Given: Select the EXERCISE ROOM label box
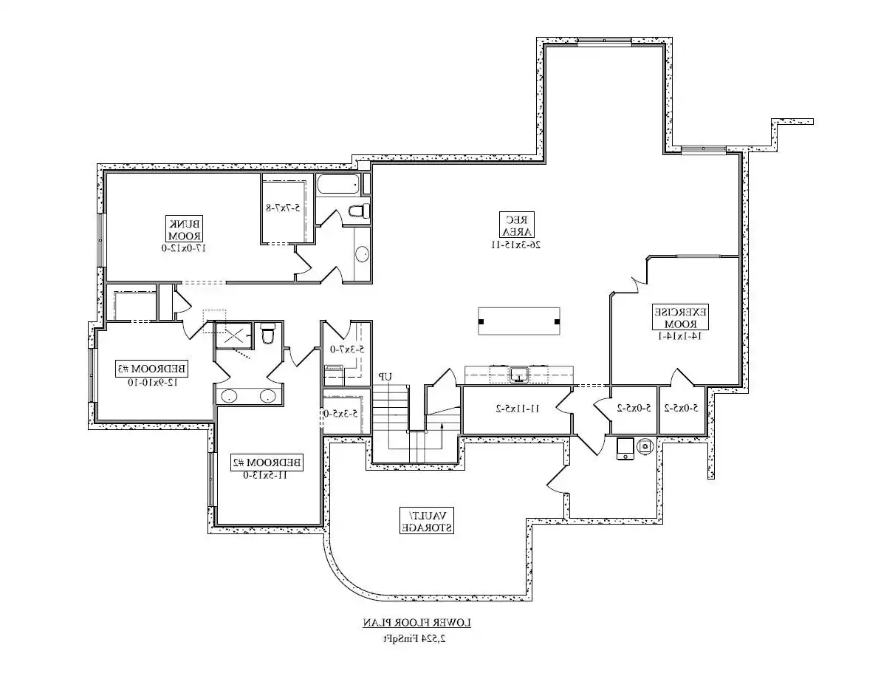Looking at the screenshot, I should point(679,318).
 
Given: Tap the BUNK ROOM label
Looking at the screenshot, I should point(185,229).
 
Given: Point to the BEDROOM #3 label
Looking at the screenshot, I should point(151,368).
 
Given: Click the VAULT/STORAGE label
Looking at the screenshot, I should point(427,520).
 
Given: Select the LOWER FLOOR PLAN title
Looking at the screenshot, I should point(416,623).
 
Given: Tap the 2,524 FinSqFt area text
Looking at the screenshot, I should point(416,638).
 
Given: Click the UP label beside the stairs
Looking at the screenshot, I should point(384,377).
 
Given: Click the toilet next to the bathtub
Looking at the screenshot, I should point(358,211).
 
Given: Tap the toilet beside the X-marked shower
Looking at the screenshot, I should point(268,335).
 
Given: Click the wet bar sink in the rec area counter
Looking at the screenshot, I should point(519,375).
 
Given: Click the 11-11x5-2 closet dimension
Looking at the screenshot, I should point(517,408).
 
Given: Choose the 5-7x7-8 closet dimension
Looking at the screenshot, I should point(282,208).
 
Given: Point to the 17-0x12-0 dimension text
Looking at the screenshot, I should point(185,248).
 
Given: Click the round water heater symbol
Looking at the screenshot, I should point(645,446).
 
